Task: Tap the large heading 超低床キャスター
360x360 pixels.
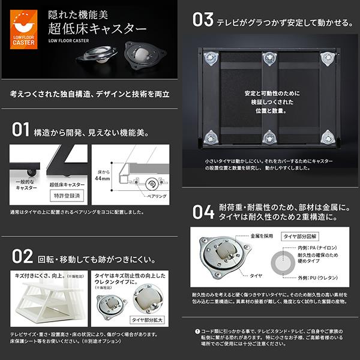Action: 95,29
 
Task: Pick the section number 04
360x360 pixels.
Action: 203,211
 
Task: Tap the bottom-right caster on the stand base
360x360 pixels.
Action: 328,137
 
